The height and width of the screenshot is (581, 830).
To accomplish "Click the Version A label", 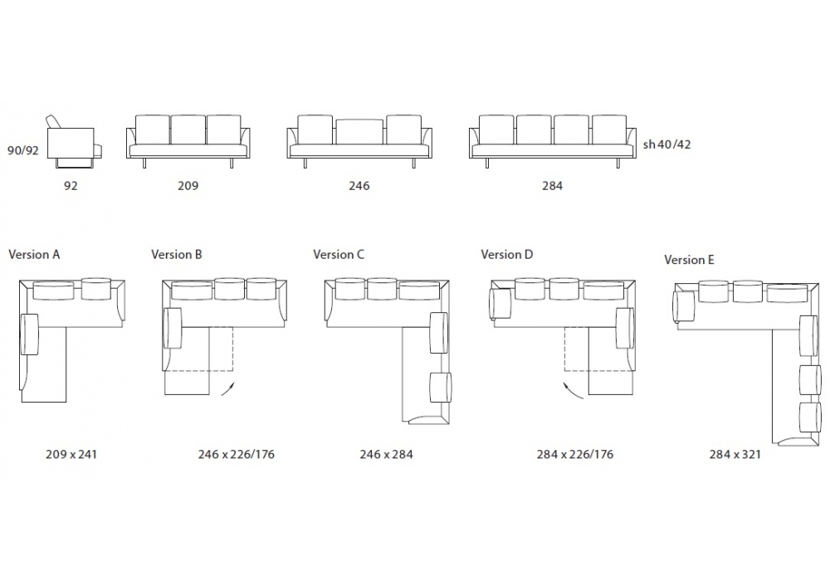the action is point(34,255).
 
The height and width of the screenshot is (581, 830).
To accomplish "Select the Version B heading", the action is point(177,255).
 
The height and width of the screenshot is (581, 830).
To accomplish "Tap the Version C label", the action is point(339,255).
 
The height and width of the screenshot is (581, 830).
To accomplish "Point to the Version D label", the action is point(506,255).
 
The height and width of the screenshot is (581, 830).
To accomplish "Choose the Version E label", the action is point(689,260).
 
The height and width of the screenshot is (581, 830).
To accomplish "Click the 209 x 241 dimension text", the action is point(71,454).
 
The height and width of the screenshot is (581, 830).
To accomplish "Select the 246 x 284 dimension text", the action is point(387,454).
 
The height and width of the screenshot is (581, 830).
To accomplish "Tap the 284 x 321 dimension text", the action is point(735,454).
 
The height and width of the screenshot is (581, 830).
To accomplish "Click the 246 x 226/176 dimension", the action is point(237,454).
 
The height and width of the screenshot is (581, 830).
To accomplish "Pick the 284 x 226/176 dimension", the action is point(575,454).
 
